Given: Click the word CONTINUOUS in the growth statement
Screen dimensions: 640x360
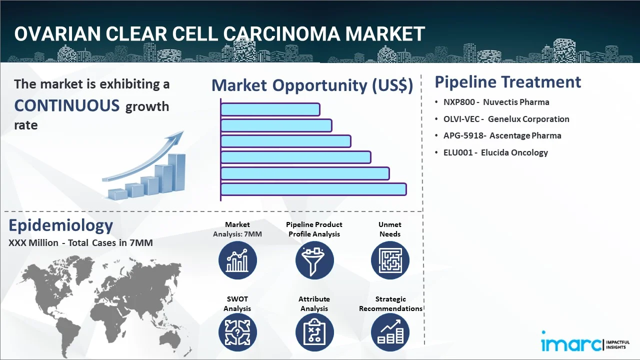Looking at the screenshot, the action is [x=67, y=105].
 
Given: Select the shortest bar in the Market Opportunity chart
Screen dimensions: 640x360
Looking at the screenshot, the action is [x=270, y=109].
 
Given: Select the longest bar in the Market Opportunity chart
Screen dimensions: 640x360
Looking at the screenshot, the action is [x=313, y=189].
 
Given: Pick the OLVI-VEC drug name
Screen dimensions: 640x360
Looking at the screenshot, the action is [x=461, y=119].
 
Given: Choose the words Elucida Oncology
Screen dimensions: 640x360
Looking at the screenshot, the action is [x=514, y=152].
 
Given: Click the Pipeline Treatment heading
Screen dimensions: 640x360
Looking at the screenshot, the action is [x=507, y=82].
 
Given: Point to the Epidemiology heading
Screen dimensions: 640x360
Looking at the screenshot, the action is [x=61, y=225].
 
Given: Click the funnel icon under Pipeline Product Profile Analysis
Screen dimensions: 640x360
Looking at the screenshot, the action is [x=314, y=260].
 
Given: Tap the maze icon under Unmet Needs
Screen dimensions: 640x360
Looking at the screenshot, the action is [x=390, y=260].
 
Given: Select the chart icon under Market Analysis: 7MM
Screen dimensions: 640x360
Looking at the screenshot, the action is [x=237, y=260].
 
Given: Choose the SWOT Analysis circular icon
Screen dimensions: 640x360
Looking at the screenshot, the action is [x=237, y=332].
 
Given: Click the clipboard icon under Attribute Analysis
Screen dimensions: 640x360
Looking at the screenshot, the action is [x=314, y=332].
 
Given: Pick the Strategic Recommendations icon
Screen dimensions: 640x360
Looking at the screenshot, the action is [x=390, y=332].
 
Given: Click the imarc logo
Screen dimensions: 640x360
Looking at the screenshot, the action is [x=585, y=341].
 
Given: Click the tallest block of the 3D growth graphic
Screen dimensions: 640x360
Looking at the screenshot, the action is [x=176, y=172].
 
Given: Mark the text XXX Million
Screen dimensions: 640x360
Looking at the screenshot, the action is [x=33, y=243].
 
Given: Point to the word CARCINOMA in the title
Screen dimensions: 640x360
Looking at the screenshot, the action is [x=281, y=33].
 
